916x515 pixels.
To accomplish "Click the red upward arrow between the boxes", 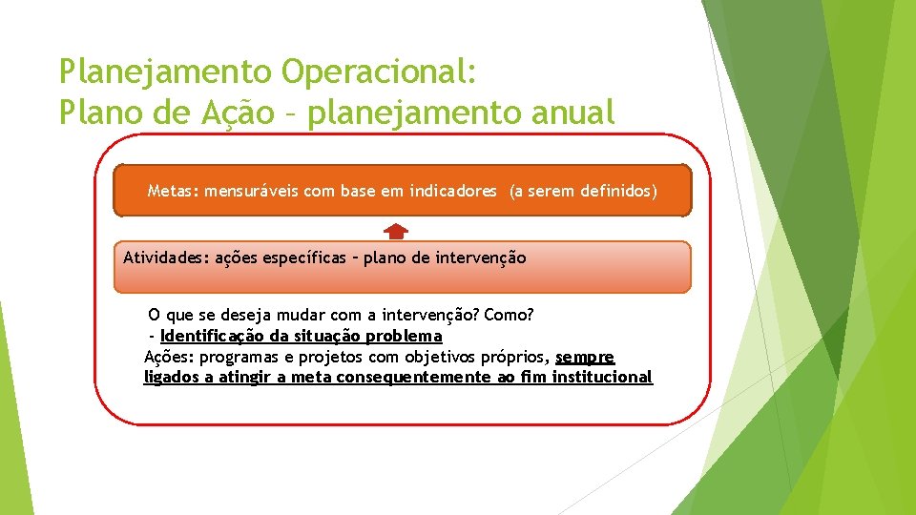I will (397, 231).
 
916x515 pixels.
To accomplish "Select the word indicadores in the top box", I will (453, 191).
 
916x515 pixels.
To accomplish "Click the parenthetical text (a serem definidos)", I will (583, 191).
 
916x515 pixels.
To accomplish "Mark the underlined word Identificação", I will (216, 336).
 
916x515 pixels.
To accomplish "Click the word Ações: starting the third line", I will (169, 357).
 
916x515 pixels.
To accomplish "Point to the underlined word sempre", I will (585, 357).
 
